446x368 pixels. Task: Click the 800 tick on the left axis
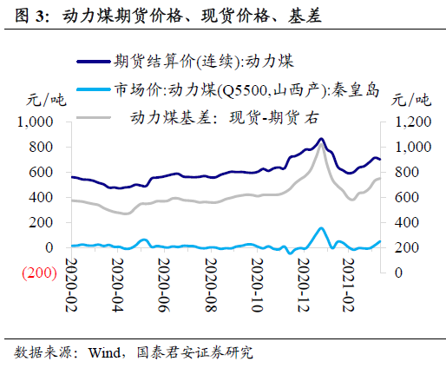tap(42, 148)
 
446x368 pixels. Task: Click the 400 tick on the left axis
tap(42, 198)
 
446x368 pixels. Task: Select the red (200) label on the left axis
tap(39, 273)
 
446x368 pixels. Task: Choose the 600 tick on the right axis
tap(406, 198)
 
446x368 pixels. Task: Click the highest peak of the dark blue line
tap(321, 139)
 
